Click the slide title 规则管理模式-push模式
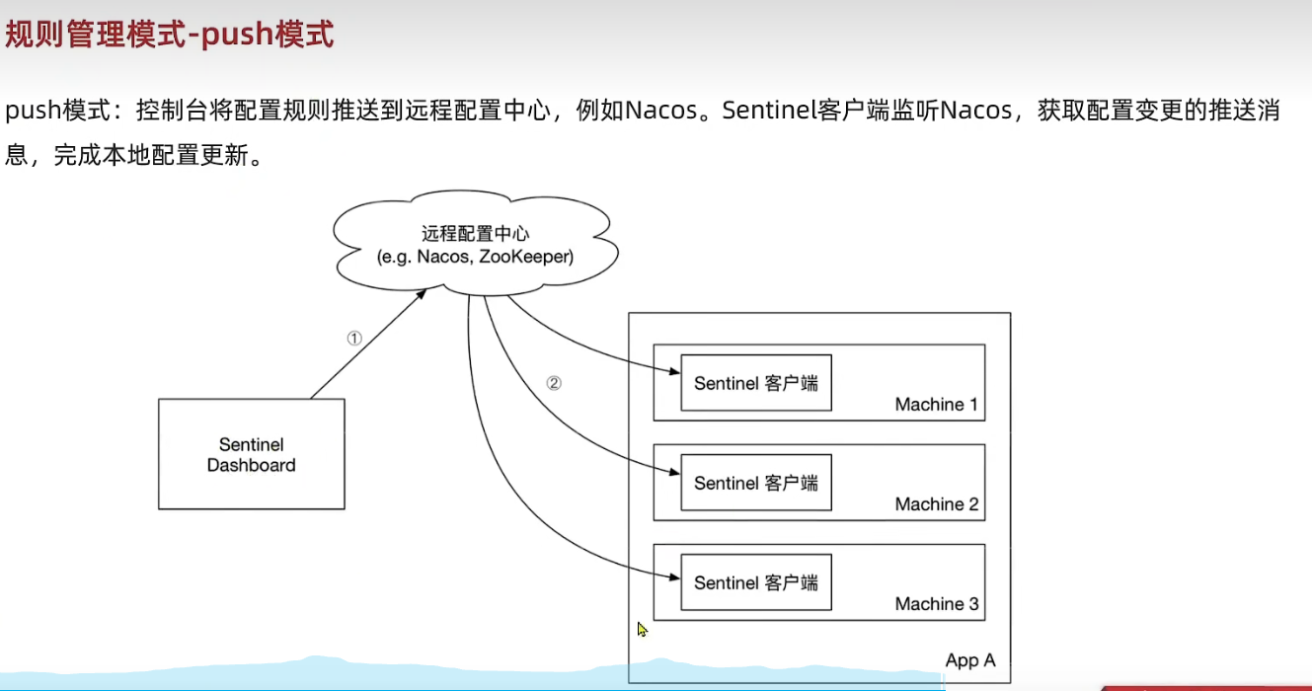(170, 35)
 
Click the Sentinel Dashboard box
(251, 455)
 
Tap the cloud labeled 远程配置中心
(475, 245)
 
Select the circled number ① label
(354, 338)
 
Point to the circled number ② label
(554, 383)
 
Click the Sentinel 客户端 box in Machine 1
(755, 383)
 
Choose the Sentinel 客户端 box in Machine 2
(755, 483)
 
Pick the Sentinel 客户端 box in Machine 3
(755, 582)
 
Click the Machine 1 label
(936, 405)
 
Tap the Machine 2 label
(936, 504)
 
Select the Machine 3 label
(936, 604)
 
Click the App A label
(969, 660)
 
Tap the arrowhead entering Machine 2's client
(675, 473)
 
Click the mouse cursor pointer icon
(642, 629)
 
